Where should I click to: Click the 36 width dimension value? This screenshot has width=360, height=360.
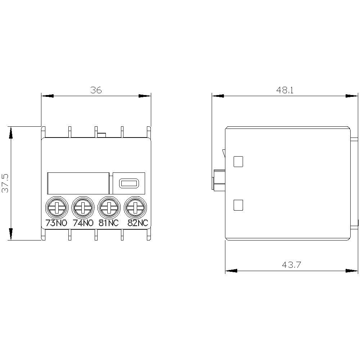click(x=96, y=90)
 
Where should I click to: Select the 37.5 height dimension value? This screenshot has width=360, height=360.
click(x=5, y=183)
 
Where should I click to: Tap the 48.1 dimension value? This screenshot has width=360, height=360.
click(x=285, y=90)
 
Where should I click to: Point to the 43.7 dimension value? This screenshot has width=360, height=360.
click(x=291, y=265)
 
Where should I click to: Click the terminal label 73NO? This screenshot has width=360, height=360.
click(x=57, y=223)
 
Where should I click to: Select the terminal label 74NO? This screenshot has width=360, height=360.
click(x=83, y=223)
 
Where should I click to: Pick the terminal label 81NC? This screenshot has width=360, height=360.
click(x=109, y=223)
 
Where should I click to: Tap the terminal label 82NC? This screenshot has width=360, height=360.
click(x=138, y=223)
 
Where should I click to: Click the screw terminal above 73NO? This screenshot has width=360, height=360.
click(x=57, y=208)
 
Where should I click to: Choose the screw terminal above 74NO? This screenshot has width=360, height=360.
click(x=83, y=208)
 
